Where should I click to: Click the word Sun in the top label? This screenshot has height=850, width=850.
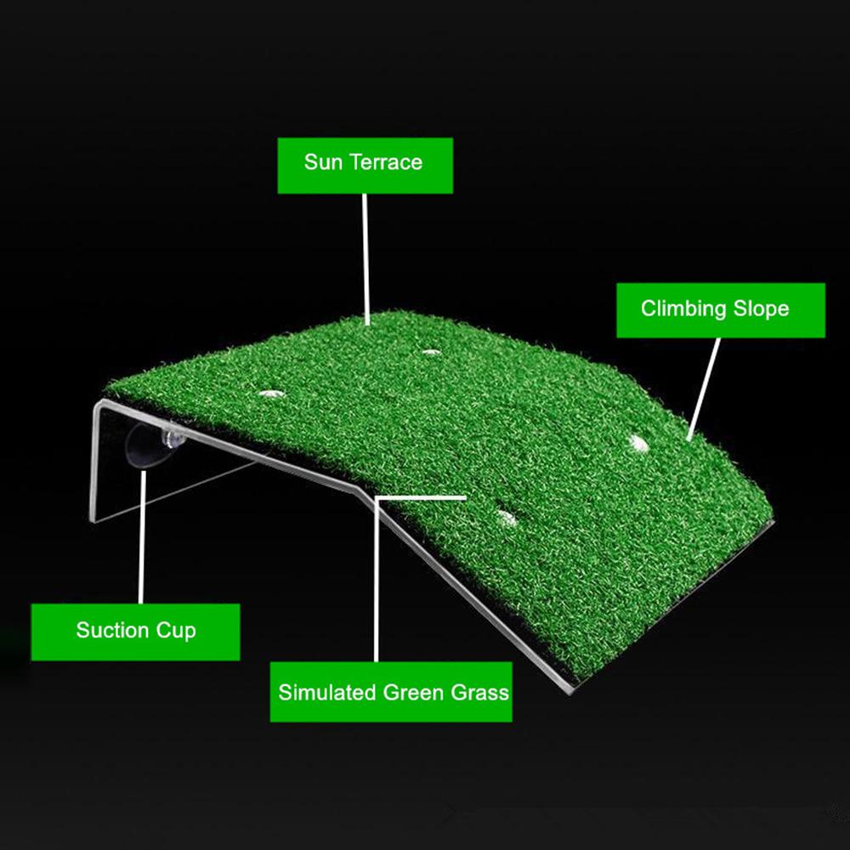tap(323, 161)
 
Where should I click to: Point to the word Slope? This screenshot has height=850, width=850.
tap(762, 308)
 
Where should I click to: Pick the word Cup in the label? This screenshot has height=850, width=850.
tap(176, 631)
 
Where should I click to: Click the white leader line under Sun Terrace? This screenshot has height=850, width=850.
tap(365, 255)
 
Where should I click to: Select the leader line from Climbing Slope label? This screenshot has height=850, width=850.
tap(705, 387)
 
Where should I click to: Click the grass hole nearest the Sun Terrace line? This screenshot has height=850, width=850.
tap(431, 351)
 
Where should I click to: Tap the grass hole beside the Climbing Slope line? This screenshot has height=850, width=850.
tap(637, 442)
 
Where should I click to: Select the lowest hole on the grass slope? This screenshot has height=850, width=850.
tap(506, 516)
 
